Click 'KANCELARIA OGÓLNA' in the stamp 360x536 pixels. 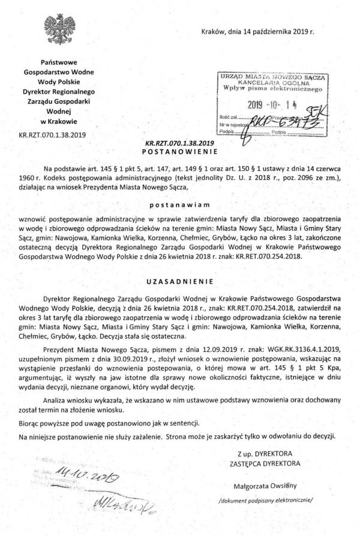tap(272, 84)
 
